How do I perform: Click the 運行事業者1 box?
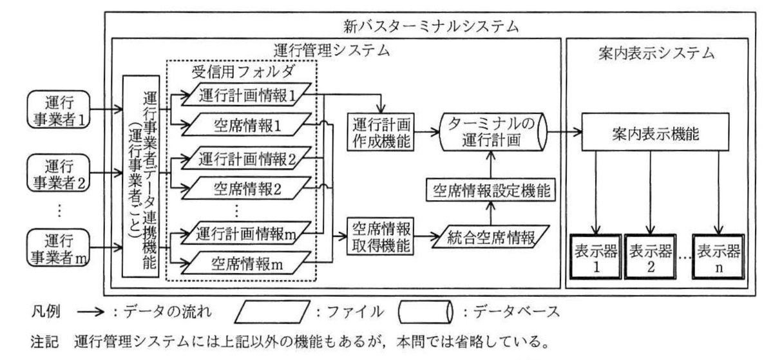(59, 109)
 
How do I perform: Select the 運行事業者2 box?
(59, 173)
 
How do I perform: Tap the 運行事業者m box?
(59, 247)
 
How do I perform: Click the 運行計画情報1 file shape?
(246, 94)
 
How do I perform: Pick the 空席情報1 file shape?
(246, 124)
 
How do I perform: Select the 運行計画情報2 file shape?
(246, 158)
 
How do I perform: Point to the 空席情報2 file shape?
(246, 188)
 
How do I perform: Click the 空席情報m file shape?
(246, 263)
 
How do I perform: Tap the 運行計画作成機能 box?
(380, 132)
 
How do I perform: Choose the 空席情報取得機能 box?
(380, 236)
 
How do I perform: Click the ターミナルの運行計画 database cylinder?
(493, 132)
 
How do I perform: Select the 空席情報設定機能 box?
(491, 189)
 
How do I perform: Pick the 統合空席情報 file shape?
(491, 237)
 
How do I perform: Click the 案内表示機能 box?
(655, 132)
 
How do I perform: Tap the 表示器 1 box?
(596, 257)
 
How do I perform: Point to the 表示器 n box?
(718, 257)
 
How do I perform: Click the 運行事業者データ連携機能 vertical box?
(141, 176)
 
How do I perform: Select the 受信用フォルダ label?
(243, 71)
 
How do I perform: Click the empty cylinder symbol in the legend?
(425, 312)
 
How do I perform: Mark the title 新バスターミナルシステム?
(431, 26)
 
